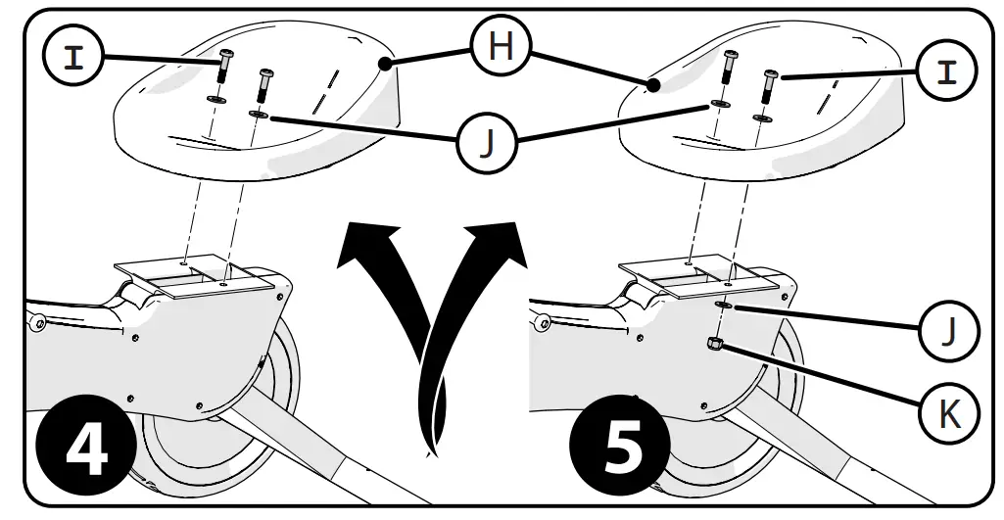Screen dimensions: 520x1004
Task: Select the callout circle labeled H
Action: [x=501, y=47]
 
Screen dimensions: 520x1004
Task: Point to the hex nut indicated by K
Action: [x=715, y=343]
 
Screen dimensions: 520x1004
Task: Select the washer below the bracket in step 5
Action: [x=724, y=306]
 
